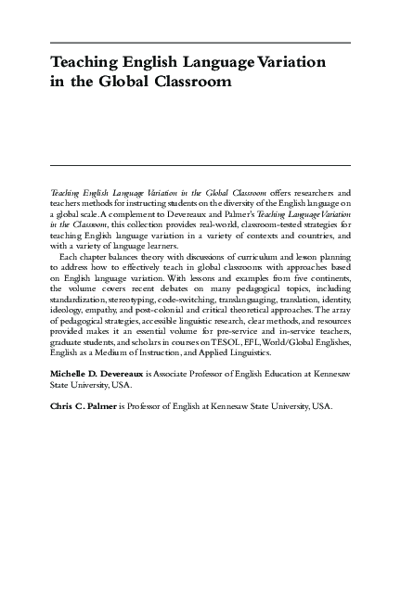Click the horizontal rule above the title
pyautogui.click(x=200, y=44)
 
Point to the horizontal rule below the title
pyautogui.click(x=200, y=165)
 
